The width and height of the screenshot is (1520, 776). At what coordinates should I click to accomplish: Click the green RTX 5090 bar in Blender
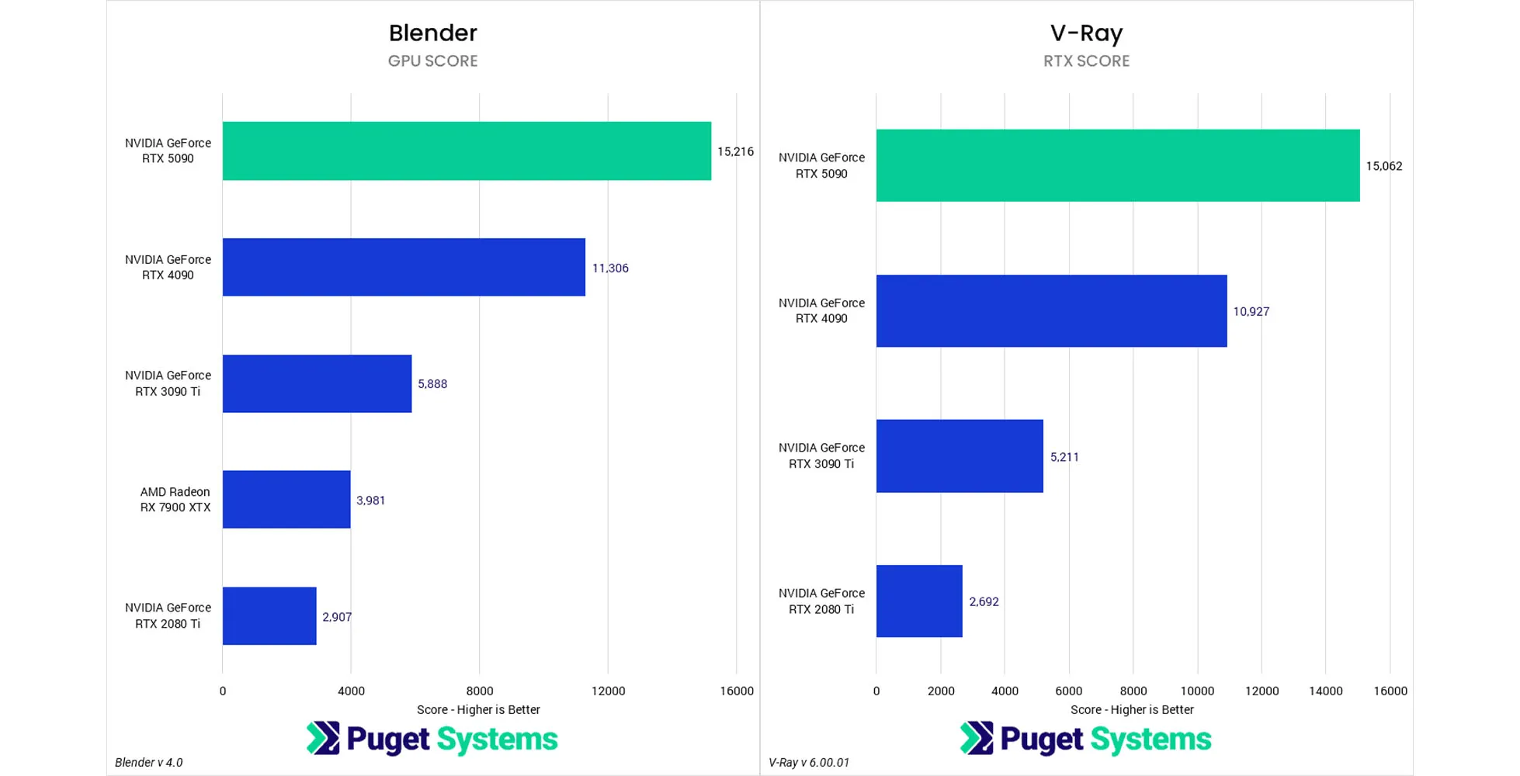click(x=467, y=151)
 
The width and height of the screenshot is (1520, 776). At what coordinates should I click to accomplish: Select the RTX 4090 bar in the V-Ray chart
click(x=1051, y=310)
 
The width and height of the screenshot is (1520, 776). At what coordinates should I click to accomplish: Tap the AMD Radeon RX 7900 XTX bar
click(x=286, y=499)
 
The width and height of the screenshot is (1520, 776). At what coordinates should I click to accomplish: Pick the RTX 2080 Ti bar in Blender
click(x=269, y=615)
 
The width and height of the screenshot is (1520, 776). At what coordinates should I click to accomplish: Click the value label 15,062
click(x=1383, y=166)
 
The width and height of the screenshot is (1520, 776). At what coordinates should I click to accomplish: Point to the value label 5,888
click(x=432, y=384)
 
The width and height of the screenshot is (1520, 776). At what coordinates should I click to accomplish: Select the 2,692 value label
click(x=984, y=601)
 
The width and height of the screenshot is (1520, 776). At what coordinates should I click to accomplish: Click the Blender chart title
click(x=432, y=33)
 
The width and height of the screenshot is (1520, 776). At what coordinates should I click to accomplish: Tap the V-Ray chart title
click(x=1086, y=33)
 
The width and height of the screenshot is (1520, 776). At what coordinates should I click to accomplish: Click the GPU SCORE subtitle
click(x=432, y=61)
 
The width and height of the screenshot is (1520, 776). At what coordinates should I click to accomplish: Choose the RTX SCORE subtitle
click(x=1086, y=61)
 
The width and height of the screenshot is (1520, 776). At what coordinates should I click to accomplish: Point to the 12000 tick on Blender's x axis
click(x=608, y=691)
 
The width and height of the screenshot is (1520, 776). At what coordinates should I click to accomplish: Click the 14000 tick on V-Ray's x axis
click(x=1325, y=691)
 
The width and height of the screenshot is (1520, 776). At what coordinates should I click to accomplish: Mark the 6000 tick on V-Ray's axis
click(x=1068, y=691)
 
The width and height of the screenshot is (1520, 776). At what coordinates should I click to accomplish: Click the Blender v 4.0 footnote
click(x=149, y=762)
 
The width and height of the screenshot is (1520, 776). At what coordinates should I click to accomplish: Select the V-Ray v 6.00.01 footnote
click(x=809, y=762)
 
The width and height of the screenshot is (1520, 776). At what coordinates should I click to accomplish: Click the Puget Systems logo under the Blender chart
click(x=432, y=739)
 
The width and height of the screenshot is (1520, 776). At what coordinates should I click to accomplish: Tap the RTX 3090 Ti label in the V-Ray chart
click(x=821, y=456)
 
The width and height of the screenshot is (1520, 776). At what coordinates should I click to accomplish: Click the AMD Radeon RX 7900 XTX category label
click(x=175, y=499)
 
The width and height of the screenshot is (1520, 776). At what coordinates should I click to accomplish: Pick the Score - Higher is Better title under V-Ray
click(x=1132, y=709)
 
